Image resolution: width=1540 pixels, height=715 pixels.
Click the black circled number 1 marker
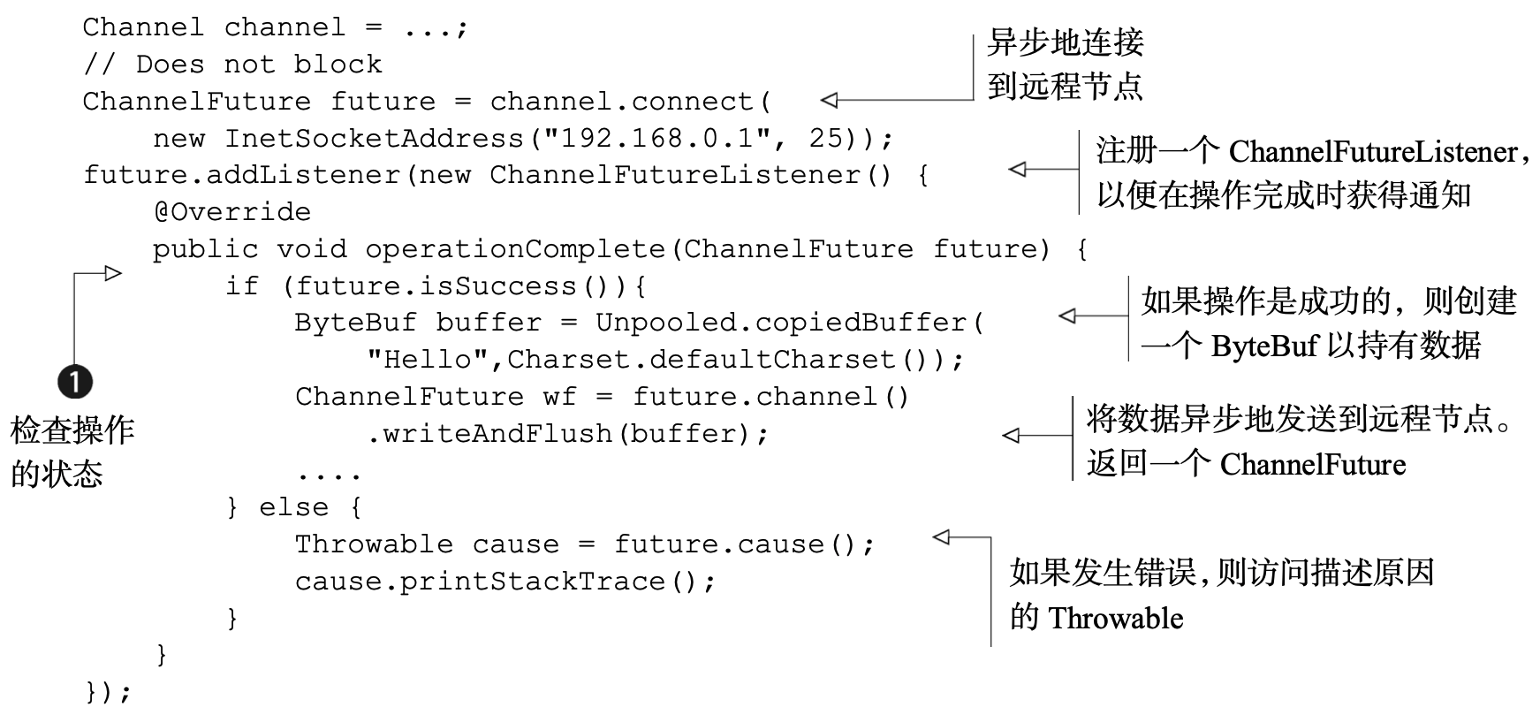point(75,382)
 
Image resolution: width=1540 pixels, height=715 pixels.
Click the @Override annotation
point(231,212)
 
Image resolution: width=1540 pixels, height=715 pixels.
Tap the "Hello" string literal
point(428,360)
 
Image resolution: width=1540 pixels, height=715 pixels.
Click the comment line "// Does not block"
point(232,65)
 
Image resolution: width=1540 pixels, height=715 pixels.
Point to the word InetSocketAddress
point(374,139)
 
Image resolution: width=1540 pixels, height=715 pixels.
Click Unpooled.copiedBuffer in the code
point(781,323)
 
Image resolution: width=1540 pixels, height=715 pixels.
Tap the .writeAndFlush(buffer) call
point(567,434)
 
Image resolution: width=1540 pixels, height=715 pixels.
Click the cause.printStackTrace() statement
point(504,582)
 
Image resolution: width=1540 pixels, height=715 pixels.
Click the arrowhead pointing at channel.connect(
point(830,101)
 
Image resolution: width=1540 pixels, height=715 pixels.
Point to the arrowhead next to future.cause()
point(941,536)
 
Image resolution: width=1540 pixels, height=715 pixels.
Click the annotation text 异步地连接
point(1066,42)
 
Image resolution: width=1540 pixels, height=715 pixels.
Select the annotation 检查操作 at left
point(72,431)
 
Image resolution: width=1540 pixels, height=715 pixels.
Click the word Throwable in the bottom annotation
point(1115,618)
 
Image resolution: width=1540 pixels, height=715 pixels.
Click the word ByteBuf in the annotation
point(1264,345)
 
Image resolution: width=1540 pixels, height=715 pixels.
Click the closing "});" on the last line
point(108,692)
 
